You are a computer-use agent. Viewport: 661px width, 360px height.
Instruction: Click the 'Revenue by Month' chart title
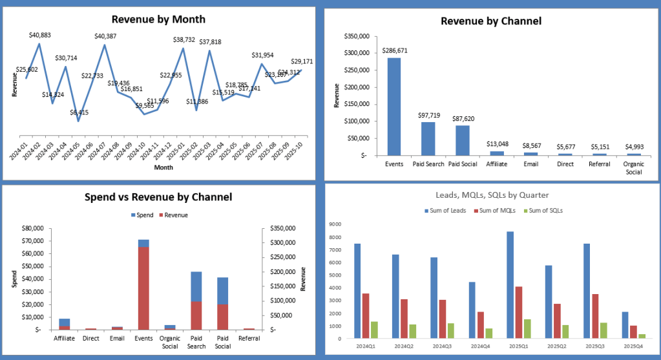tap(158, 19)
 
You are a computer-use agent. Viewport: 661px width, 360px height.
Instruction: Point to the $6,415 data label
tap(80, 112)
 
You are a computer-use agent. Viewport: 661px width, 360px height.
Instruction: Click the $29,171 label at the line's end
tap(301, 61)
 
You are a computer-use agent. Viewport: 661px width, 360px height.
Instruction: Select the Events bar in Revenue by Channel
tap(394, 107)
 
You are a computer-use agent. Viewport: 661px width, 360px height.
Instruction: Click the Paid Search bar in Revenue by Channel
tap(428, 139)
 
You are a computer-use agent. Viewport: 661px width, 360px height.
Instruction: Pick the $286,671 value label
tap(394, 50)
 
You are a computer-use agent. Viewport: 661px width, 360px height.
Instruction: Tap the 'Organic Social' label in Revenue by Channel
tap(633, 168)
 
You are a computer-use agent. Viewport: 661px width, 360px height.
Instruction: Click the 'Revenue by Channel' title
tap(491, 21)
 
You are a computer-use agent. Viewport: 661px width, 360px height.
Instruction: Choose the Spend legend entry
tap(142, 215)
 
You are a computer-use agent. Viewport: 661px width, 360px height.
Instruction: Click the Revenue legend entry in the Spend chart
tap(173, 215)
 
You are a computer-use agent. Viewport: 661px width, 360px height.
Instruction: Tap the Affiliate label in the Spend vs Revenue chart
tap(65, 338)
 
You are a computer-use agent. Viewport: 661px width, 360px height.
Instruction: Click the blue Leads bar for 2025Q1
tap(510, 284)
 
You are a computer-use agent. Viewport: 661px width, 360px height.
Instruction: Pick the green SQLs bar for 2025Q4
tap(642, 335)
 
